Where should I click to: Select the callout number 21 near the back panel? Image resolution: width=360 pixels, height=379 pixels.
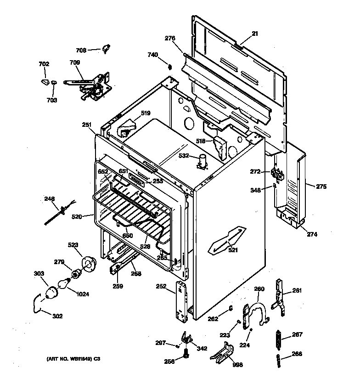point(255,34)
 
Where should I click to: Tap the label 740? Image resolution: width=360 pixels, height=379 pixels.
point(152,55)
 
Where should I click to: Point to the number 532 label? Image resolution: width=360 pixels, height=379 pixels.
point(184,156)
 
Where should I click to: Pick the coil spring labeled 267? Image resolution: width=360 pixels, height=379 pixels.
point(278,340)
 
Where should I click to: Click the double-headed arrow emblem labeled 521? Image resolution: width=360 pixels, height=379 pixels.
point(225,240)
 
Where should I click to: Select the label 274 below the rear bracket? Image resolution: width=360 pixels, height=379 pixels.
point(312,234)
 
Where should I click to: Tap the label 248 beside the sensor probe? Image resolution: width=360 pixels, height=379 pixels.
point(49,199)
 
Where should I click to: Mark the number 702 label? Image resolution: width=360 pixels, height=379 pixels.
point(44,64)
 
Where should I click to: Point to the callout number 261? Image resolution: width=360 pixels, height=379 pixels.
point(297,290)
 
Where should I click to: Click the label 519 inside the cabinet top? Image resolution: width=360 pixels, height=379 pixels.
point(145,113)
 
